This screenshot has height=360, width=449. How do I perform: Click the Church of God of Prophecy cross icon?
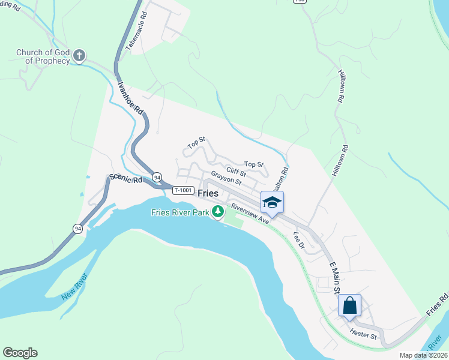pos(79,56)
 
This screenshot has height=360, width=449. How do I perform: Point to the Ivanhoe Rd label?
pos(130,98)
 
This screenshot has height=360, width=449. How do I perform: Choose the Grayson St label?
pos(226,179)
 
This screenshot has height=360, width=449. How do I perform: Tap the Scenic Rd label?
pos(125,179)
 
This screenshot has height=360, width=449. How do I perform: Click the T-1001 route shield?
pos(183,190)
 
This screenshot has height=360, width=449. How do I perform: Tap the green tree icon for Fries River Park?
pos(217,211)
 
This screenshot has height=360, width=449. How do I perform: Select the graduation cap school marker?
pos(272,202)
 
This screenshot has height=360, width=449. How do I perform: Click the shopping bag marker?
pos(349,305)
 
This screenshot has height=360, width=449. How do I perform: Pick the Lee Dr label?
pos(298,241)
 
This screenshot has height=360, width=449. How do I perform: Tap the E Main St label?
pos(332,277)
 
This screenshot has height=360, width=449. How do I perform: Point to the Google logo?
pos(20,353)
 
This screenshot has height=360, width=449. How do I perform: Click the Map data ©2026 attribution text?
pos(423,355)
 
